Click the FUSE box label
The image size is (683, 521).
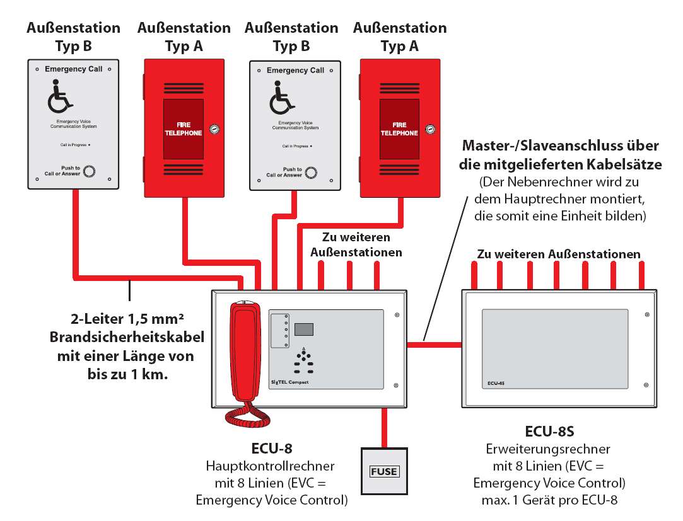[384, 471]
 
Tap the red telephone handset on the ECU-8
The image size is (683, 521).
[243, 353]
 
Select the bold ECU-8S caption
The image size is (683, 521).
[549, 432]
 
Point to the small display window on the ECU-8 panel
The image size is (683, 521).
[305, 329]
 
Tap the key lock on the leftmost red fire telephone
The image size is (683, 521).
[214, 129]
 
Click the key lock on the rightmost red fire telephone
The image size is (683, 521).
[430, 129]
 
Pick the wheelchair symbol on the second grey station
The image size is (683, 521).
[282, 100]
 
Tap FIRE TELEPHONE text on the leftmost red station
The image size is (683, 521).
[184, 129]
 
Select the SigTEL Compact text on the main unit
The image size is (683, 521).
[290, 382]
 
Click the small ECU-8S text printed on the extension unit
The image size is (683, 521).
[496, 382]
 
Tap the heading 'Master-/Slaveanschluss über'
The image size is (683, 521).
[561, 146]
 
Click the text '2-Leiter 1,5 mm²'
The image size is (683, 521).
[120, 319]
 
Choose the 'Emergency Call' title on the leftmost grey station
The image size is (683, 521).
[74, 69]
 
